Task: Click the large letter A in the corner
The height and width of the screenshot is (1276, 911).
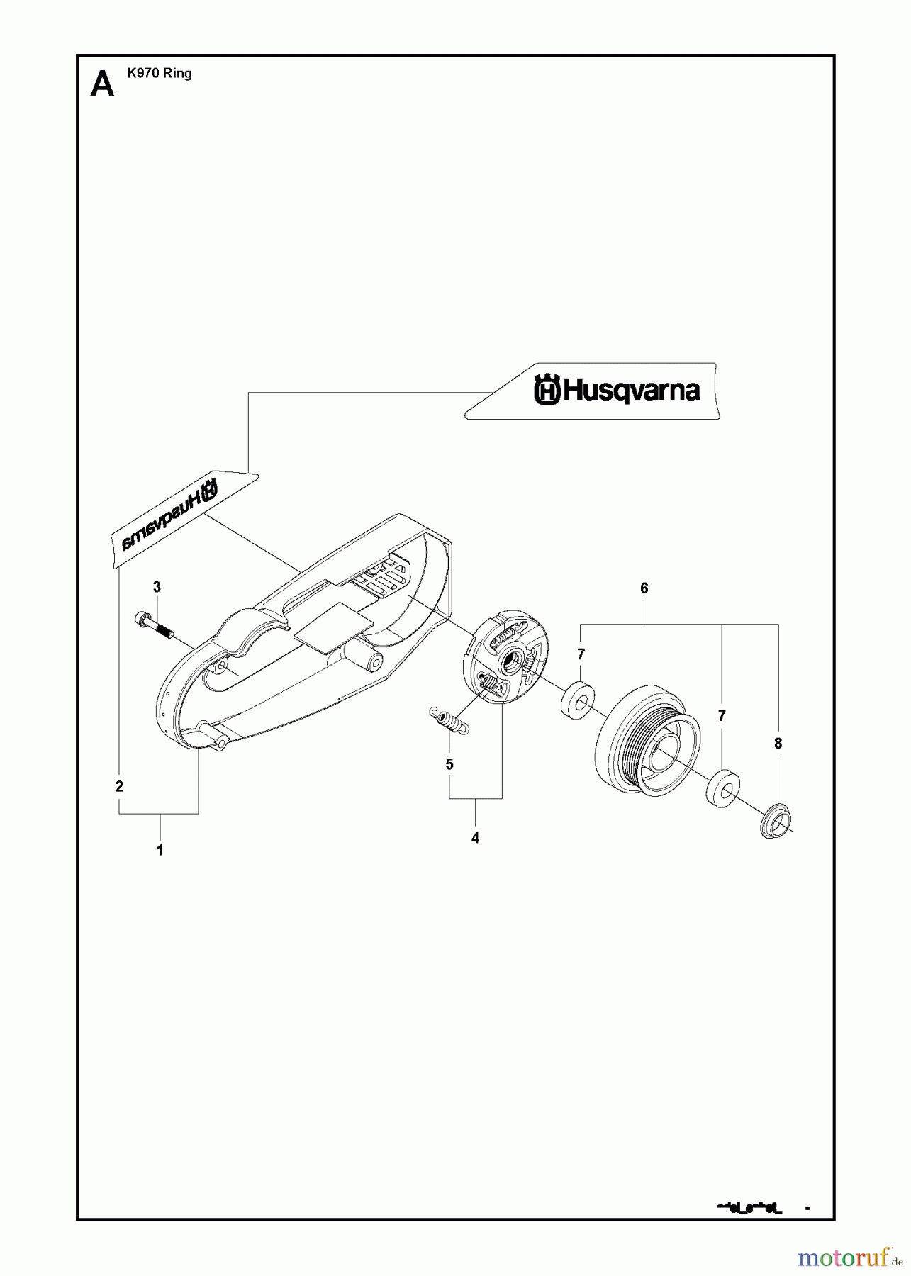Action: coord(103,85)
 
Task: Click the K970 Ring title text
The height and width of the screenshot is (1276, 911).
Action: coord(160,73)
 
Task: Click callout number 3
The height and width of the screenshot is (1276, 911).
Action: coord(157,587)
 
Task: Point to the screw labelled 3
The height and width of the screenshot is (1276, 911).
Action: coord(155,627)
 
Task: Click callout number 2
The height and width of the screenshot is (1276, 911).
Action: coord(119,786)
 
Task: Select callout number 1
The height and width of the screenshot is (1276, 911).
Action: coord(160,850)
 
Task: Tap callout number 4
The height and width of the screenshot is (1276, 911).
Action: coord(475,838)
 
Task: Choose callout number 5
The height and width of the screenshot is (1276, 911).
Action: coord(449,764)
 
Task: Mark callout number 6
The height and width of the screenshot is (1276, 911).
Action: coord(644,588)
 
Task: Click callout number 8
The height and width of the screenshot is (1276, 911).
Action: coord(778,744)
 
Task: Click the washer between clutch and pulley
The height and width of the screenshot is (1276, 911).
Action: coord(579,703)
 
